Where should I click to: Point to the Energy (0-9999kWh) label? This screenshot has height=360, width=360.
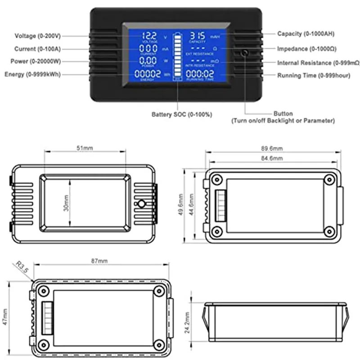coord(32,74)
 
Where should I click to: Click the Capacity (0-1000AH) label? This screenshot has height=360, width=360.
coord(306,34)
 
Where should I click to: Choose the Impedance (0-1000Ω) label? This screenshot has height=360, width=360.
coord(306,49)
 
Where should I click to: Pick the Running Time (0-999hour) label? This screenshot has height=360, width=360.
coord(313,75)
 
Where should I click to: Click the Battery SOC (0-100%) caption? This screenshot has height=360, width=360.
coord(181,115)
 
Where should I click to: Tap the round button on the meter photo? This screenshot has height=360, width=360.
coord(245,53)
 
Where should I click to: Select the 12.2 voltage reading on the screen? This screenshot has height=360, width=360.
coord(150,35)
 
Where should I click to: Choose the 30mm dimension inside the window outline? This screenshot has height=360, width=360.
coord(66,203)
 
